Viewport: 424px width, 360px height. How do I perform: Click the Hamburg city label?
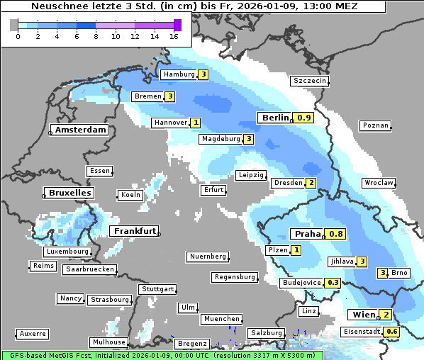(x=179, y=74)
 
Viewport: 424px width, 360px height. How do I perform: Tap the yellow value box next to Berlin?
(x=305, y=118)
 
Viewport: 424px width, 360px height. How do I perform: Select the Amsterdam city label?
(x=81, y=130)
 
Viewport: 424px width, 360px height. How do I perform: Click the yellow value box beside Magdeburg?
(x=248, y=139)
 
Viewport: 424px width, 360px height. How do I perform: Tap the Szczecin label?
(x=310, y=81)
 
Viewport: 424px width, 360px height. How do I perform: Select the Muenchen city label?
(x=221, y=319)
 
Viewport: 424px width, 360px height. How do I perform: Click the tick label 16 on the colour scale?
(x=174, y=36)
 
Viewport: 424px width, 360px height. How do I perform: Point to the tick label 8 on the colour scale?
(x=96, y=36)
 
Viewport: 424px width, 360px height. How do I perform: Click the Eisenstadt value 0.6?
(x=391, y=332)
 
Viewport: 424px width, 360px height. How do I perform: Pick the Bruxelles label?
(x=69, y=193)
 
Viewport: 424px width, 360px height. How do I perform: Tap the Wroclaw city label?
(x=378, y=183)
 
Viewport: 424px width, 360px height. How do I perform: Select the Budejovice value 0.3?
(x=332, y=282)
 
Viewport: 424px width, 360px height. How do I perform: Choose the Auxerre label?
(x=33, y=333)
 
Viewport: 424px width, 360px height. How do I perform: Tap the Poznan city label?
(x=375, y=125)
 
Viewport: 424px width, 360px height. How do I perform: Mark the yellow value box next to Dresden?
(x=311, y=183)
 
